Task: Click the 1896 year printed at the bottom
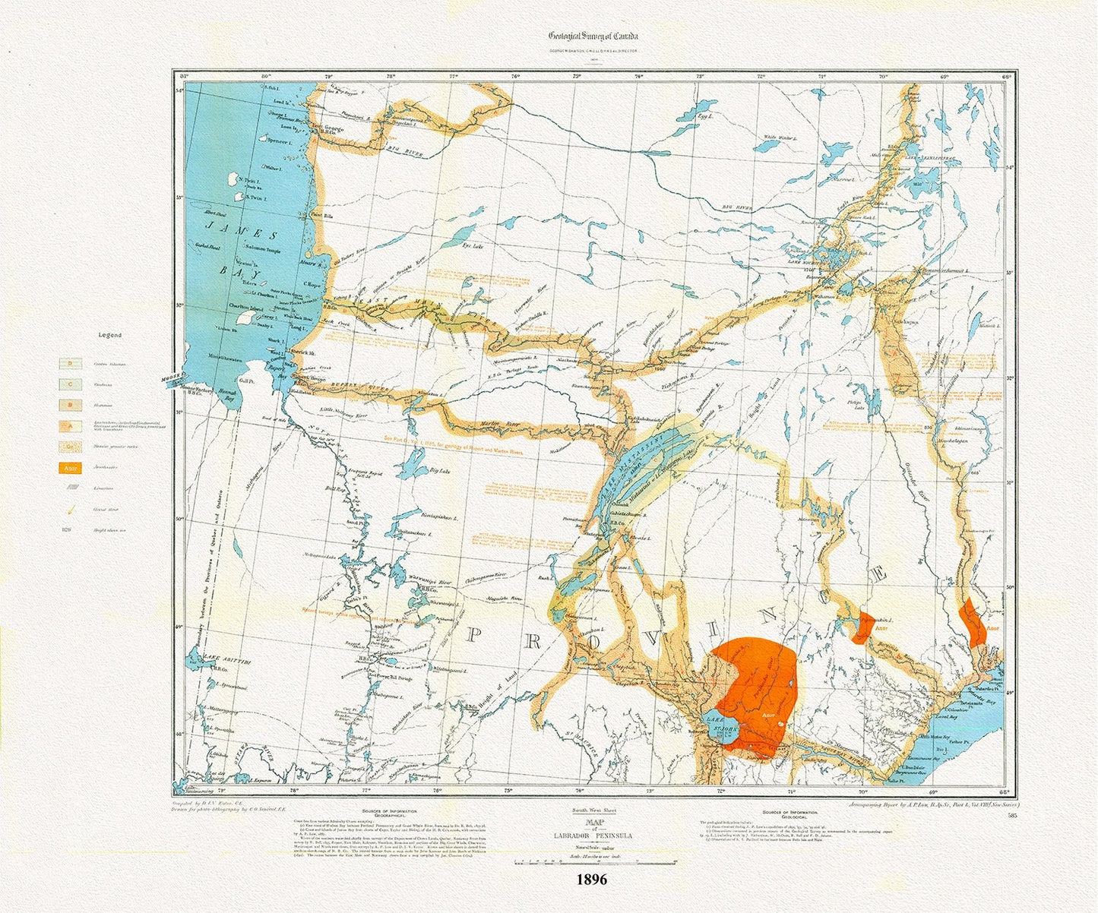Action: coord(591,880)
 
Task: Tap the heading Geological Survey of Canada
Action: coord(594,36)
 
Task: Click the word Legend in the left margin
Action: coord(110,335)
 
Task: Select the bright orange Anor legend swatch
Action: coord(71,468)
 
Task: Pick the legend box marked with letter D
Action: coord(71,364)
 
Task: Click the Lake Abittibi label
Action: coord(206,658)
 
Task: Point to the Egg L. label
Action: coord(704,117)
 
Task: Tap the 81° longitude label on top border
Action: coord(183,75)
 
